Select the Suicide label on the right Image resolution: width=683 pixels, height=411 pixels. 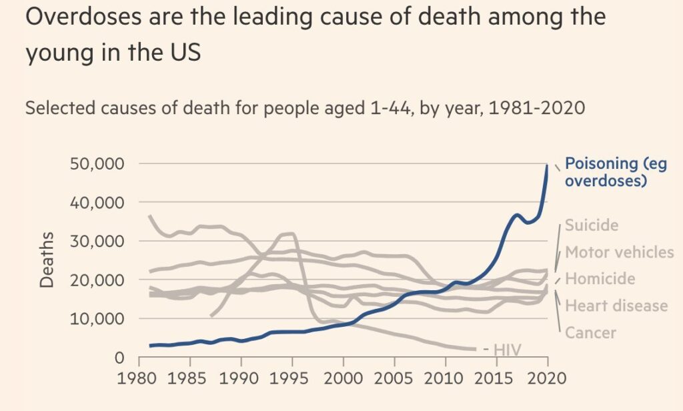point(592,226)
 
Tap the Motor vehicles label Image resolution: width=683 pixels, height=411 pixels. point(620,252)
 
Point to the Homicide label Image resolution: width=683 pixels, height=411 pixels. point(600,279)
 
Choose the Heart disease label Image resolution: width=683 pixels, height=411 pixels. point(616,306)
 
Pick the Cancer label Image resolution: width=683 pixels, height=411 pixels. point(591,332)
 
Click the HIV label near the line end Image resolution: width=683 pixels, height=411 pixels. point(506,348)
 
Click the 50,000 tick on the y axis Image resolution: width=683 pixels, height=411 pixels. point(98,164)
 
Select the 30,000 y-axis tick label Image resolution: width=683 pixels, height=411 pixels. point(98,242)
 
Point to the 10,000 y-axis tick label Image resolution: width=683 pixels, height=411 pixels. point(98,319)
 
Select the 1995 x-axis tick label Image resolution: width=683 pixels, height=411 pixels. point(291,380)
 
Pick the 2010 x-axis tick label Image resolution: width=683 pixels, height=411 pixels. point(444,380)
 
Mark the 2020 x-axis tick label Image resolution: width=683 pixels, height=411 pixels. point(546,380)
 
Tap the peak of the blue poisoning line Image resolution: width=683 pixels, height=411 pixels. point(547,165)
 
